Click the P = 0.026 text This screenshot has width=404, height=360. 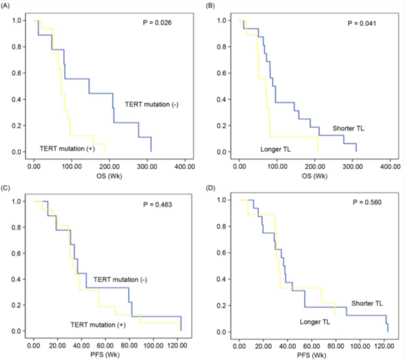157,23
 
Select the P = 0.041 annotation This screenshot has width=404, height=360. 362,23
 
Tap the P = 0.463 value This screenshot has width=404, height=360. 157,205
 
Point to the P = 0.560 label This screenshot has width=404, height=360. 367,202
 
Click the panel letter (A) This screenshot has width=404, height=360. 5,6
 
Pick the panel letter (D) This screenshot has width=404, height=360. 210,188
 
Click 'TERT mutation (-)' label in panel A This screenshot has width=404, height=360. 152,105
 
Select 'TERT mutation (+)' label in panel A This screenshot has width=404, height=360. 67,148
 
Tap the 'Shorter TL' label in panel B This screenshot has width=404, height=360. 348,128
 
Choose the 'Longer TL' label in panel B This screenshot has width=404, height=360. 276,150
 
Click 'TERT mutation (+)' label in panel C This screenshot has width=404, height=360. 98,325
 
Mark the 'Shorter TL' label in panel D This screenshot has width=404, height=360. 367,304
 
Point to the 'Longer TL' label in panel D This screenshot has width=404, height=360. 315,322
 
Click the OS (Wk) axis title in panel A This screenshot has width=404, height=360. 109,176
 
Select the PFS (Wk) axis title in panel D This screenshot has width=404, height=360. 311,356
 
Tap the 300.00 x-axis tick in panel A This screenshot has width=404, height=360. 147,167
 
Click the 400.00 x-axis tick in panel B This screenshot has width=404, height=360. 390,167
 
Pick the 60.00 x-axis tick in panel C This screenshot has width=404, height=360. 105,346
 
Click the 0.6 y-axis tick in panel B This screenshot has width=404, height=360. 222,73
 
